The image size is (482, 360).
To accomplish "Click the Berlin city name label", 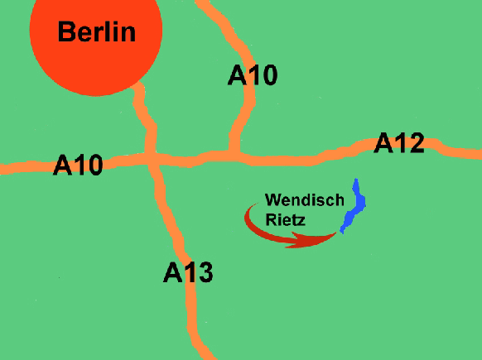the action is [96, 32].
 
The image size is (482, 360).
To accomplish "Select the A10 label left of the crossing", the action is [78, 166].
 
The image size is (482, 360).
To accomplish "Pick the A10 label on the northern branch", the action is [253, 76].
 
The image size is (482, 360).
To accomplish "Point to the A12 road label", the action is [399, 143].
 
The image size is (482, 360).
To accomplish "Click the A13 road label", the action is [188, 272].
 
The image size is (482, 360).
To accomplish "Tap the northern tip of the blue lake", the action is [356, 180].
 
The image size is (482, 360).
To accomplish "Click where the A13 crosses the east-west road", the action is [152, 159].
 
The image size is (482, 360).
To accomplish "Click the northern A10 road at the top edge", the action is [201, 3].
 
